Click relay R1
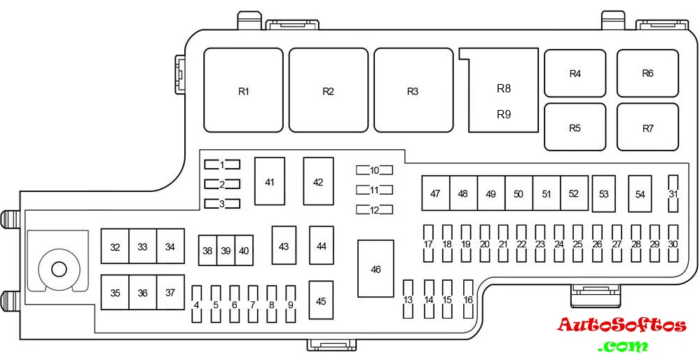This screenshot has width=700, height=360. pyautogui.click(x=243, y=90)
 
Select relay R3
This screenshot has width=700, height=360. pyautogui.click(x=413, y=90)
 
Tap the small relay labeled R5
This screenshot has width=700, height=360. pyautogui.click(x=575, y=127)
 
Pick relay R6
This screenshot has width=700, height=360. pyautogui.click(x=647, y=73)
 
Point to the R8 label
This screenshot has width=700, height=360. pyautogui.click(x=504, y=88)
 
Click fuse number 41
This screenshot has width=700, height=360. pyautogui.click(x=270, y=181)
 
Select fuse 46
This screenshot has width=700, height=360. pyautogui.click(x=376, y=269)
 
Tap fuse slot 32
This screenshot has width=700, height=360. pyautogui.click(x=115, y=247)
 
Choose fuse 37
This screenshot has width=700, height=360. pyautogui.click(x=170, y=293)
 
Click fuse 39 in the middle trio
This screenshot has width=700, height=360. pyautogui.click(x=225, y=251)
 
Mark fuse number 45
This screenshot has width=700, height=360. pyautogui.click(x=321, y=301)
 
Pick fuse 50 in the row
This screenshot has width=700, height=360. pyautogui.click(x=519, y=193)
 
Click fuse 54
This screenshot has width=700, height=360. pyautogui.click(x=640, y=194)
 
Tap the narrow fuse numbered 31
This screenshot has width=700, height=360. pyautogui.click(x=673, y=193)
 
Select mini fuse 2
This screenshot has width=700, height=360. pyautogui.click(x=222, y=184)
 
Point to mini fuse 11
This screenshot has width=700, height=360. pyautogui.click(x=374, y=190)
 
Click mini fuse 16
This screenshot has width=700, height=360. pyautogui.click(x=468, y=299)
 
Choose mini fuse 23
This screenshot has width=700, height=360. pyautogui.click(x=540, y=243)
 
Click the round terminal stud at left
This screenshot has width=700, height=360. pyautogui.click(x=58, y=268)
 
